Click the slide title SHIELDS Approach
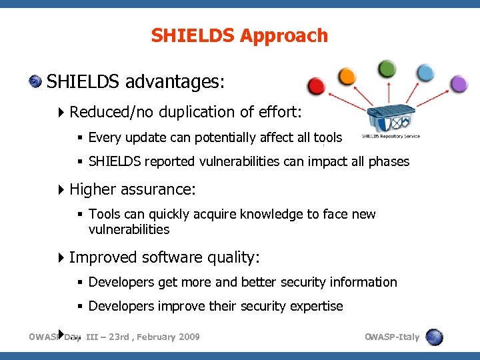click(239, 35)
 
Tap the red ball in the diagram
click(316, 86)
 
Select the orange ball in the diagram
click(347, 77)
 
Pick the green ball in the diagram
click(387, 69)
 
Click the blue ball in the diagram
click(425, 73)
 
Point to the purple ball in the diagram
click(459, 84)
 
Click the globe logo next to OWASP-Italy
click(434, 337)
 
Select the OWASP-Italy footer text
click(392, 337)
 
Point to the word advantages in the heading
click(175, 83)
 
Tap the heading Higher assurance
click(132, 189)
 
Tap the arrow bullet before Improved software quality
click(62, 257)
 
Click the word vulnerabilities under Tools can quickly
click(129, 230)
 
